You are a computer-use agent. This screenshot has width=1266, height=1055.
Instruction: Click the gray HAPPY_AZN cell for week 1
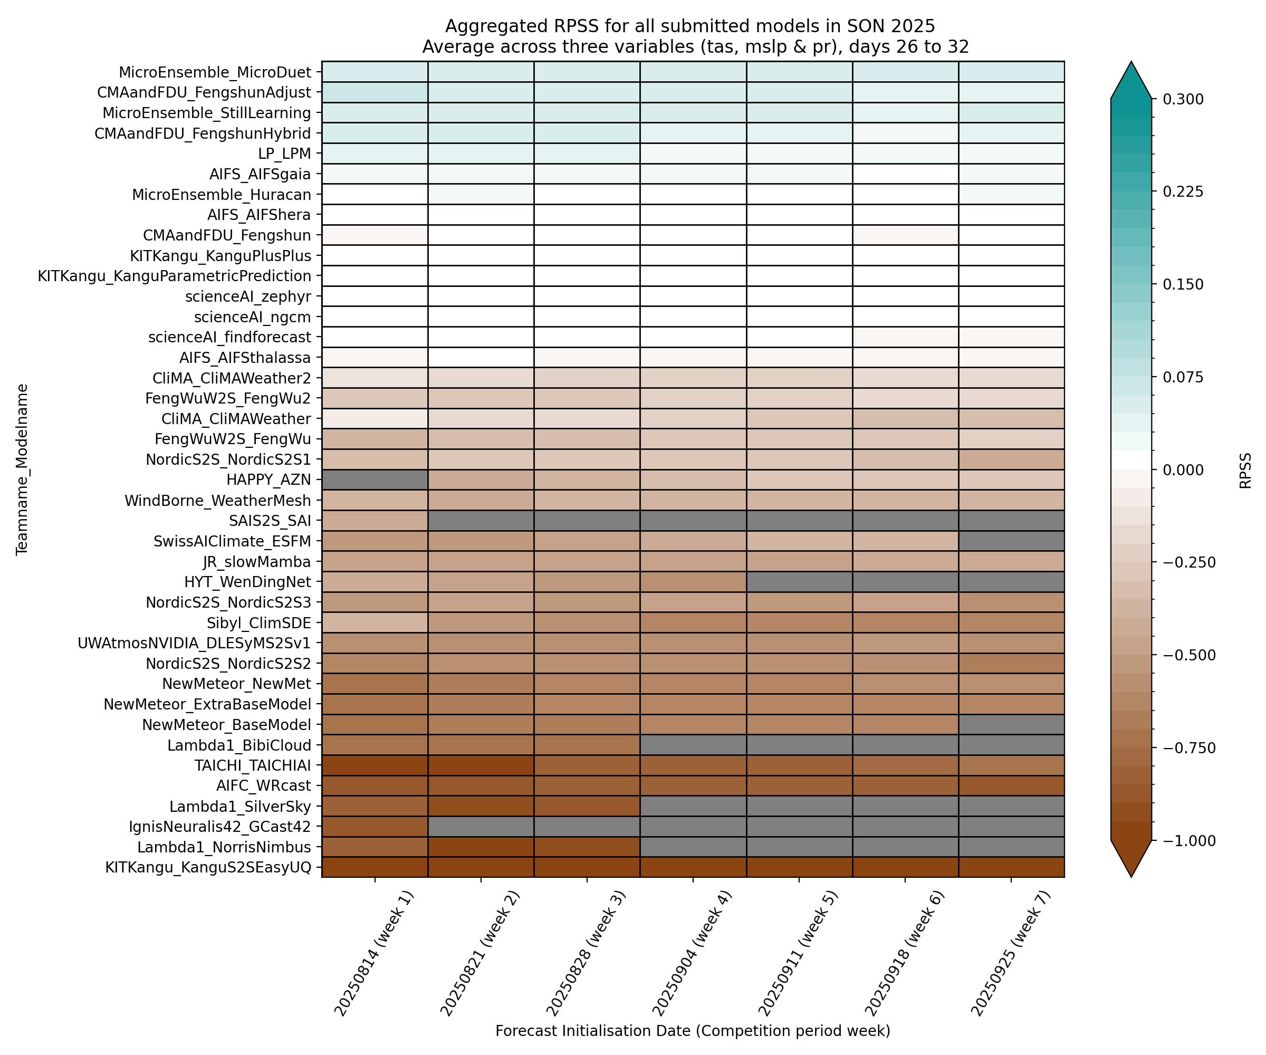(375, 480)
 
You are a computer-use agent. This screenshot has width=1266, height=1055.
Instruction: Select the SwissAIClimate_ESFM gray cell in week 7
(1011, 541)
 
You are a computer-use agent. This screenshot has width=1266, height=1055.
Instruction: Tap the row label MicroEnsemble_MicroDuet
(215, 72)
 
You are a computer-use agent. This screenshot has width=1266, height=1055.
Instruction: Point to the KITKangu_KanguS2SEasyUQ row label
(208, 868)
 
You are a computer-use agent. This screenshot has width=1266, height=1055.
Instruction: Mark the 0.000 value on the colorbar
(1183, 470)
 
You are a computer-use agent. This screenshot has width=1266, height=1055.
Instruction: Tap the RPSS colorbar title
(1245, 470)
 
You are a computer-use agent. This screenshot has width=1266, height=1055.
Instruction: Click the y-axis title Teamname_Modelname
(22, 469)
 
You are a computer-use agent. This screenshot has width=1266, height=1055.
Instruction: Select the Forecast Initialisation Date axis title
(693, 1031)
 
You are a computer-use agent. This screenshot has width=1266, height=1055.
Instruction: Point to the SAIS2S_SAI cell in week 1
(375, 520)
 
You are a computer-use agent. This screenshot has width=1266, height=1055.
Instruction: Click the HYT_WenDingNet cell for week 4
(693, 582)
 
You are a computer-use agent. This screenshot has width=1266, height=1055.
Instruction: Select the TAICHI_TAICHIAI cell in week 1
(375, 765)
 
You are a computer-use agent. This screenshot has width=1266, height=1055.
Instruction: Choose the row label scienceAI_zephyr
(248, 296)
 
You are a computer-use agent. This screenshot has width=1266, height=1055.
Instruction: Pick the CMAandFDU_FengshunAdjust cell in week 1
(375, 92)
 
